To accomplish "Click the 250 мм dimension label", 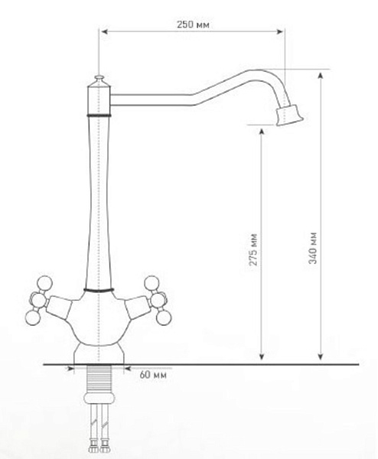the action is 193,24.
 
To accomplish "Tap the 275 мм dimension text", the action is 253,249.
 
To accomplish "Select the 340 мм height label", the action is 313,248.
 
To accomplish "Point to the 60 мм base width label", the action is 153,375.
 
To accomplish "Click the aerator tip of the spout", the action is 289,115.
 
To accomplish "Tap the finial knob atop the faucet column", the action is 99,79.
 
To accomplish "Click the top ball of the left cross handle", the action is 45,283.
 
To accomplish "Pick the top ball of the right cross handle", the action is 152,283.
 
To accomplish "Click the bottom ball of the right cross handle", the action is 164,318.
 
